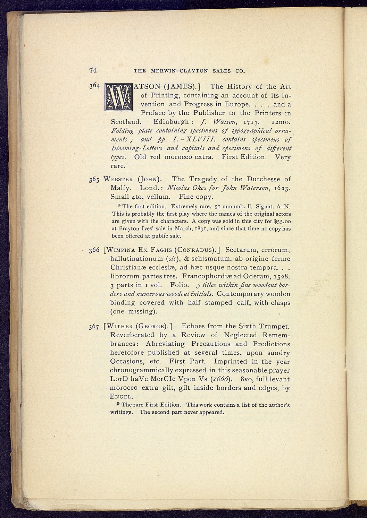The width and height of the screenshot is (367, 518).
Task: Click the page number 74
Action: pos(93,70)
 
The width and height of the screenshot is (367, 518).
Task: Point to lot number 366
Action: pos(95,250)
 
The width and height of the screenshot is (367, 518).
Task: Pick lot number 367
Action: pos(95,327)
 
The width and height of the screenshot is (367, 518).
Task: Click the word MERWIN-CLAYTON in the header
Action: pos(180,71)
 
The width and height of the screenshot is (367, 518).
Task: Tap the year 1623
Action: pos(281,188)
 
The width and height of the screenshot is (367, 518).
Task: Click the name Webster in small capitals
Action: pos(118,180)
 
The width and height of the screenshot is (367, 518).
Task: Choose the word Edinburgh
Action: pos(172,122)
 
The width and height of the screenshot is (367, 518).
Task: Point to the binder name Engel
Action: pos(120,397)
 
